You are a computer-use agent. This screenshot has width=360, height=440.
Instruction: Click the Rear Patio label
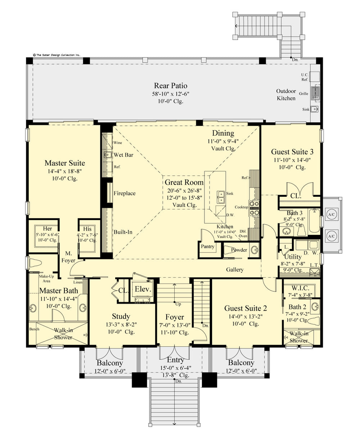171,86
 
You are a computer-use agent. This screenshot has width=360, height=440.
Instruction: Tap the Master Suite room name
65,163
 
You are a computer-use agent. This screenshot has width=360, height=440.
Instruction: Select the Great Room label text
184,182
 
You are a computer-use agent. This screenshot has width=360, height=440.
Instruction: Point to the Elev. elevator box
141,289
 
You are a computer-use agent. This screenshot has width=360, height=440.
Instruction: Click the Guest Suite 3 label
289,151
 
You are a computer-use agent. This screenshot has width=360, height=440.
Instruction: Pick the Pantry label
207,246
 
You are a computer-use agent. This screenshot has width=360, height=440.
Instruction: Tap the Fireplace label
125,193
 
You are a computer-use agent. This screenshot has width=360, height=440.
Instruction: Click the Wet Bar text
124,155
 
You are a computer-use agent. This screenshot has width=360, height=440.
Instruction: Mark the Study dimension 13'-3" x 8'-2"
121,324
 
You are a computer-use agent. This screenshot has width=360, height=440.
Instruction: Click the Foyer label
175,317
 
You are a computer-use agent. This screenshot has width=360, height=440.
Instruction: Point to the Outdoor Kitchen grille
315,93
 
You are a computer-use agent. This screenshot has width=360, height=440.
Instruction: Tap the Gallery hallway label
235,269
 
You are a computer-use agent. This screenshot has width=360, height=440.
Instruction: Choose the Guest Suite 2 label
246,308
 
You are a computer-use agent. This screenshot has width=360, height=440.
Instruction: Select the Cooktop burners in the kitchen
254,208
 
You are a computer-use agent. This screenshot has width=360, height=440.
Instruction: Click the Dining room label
223,133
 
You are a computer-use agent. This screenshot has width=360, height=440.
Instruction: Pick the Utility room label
293,257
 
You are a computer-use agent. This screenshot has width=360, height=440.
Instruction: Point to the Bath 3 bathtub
314,221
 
